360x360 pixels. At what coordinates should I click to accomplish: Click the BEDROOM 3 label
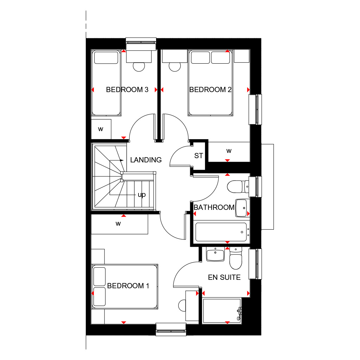(x=127, y=90)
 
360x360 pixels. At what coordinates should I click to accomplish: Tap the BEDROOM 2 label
(x=210, y=90)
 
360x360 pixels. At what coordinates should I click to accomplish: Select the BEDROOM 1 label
(x=128, y=285)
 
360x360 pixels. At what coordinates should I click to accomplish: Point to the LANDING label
(x=146, y=160)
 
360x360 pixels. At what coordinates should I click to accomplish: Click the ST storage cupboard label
(x=199, y=156)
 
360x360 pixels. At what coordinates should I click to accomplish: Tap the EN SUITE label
(x=224, y=277)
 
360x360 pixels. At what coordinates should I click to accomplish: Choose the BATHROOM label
(x=214, y=207)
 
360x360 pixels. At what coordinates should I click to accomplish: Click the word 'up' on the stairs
(x=142, y=195)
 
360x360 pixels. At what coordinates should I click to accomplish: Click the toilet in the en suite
(x=236, y=258)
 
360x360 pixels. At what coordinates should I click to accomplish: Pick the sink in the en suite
(x=216, y=255)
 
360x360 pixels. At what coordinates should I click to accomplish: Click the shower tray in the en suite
(x=222, y=311)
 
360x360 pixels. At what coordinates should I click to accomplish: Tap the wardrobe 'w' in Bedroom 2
(x=229, y=151)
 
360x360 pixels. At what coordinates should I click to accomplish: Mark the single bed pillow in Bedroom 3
(x=106, y=58)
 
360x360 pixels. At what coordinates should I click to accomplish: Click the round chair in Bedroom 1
(x=182, y=306)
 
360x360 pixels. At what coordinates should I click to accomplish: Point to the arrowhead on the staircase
(x=122, y=160)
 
